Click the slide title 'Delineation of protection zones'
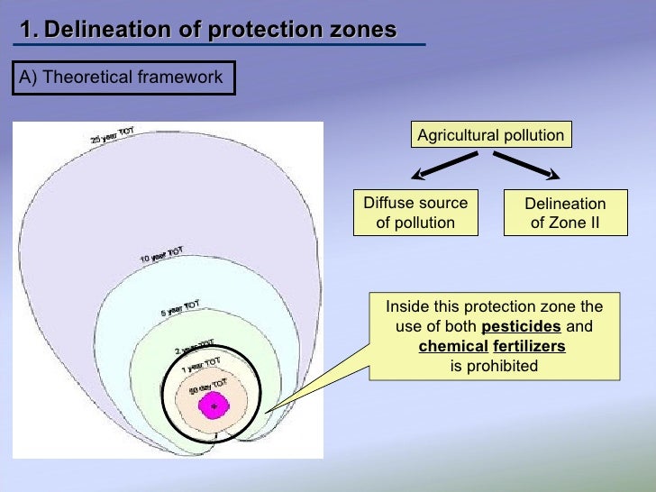tap(221, 30)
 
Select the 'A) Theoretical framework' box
tap(123, 77)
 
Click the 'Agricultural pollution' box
tap(491, 135)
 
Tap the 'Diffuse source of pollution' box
tap(415, 213)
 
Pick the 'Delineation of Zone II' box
tap(565, 214)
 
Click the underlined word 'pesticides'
tap(521, 326)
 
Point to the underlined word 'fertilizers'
tap(528, 346)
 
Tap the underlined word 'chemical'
tap(452, 346)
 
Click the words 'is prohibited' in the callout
tap(494, 366)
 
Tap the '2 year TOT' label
tap(194, 347)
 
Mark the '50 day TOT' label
tap(205, 388)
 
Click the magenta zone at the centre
tap(214, 407)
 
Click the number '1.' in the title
tap(29, 30)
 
